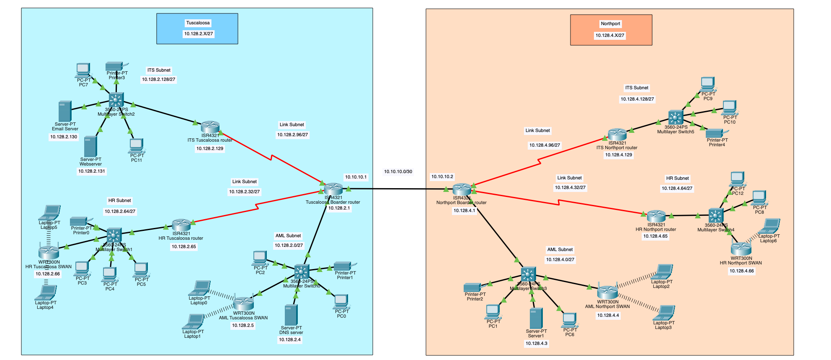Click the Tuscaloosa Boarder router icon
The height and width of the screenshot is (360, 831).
click(x=333, y=189)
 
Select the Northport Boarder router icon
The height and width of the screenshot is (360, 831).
click(x=462, y=189)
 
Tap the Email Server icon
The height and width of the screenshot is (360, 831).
click(x=65, y=111)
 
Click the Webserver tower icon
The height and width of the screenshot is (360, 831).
click(x=90, y=146)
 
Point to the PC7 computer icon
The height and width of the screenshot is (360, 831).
click(x=83, y=70)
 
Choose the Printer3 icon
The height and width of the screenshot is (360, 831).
click(x=114, y=66)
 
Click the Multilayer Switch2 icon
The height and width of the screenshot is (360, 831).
click(x=116, y=100)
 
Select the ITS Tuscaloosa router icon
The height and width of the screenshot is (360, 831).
click(x=210, y=127)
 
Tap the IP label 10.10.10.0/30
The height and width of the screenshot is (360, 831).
click(x=398, y=171)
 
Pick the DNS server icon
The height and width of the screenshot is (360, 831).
click(x=291, y=315)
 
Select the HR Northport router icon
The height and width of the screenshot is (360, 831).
click(x=656, y=216)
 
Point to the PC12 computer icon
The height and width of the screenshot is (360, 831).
click(x=737, y=179)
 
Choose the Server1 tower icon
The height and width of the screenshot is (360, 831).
click(x=536, y=318)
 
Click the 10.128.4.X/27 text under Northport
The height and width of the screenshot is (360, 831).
click(x=610, y=35)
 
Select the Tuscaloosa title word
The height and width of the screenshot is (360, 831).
click(x=198, y=23)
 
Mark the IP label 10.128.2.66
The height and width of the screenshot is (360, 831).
click(x=48, y=274)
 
